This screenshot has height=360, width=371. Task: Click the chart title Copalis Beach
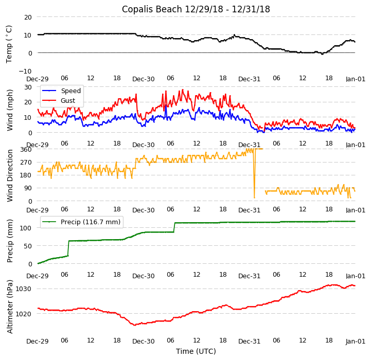[196, 9]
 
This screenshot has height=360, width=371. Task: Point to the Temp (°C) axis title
[9, 44]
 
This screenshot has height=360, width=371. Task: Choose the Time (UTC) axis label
[196, 352]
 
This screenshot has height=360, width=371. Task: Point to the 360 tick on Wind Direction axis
[26, 149]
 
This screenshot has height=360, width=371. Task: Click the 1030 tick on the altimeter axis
[24, 289]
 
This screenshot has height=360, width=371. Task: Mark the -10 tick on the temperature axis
[26, 71]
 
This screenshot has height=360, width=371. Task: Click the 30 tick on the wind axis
[28, 87]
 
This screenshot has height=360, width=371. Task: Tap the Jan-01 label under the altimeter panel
[355, 341]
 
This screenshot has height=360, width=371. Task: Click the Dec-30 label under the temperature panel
[143, 79]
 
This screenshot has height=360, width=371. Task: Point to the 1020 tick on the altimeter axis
[24, 314]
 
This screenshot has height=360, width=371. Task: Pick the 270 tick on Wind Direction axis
[26, 162]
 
